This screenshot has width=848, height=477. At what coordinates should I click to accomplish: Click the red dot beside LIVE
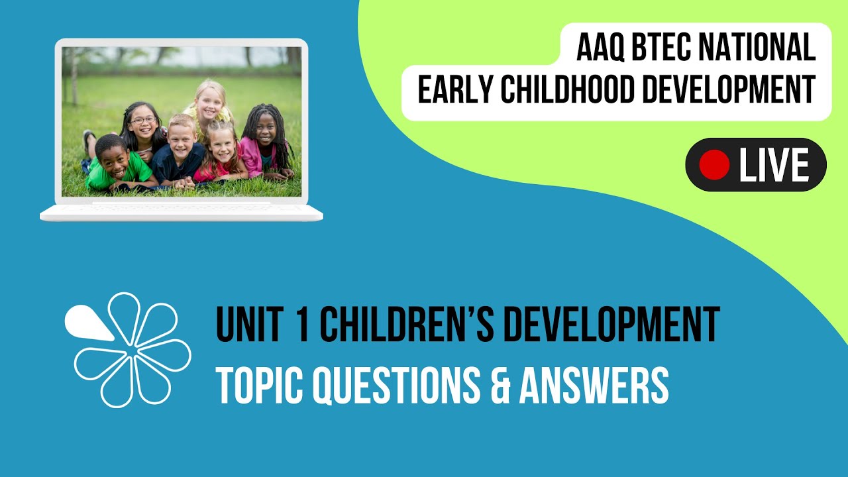pyautogui.click(x=714, y=164)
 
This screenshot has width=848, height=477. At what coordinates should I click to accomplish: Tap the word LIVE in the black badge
pyautogui.click(x=773, y=165)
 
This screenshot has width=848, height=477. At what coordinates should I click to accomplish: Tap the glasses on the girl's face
pyautogui.click(x=143, y=121)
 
